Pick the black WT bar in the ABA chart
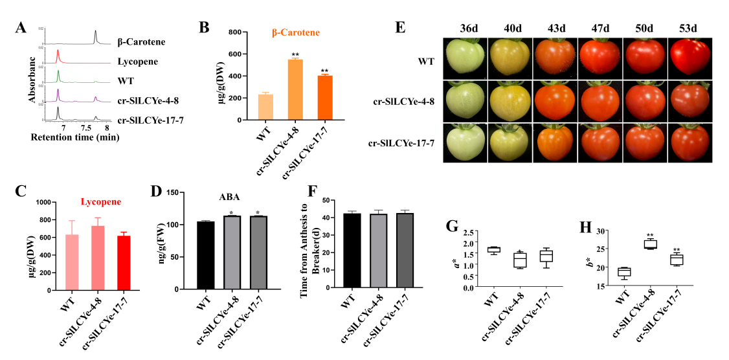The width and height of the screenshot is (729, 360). click(205, 255)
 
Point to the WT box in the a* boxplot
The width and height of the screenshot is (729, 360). click(493, 250)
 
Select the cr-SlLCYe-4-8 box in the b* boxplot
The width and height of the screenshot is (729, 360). click(649, 244)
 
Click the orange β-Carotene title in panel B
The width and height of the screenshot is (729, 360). click(295, 32)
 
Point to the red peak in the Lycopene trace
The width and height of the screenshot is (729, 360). click(58, 55)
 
